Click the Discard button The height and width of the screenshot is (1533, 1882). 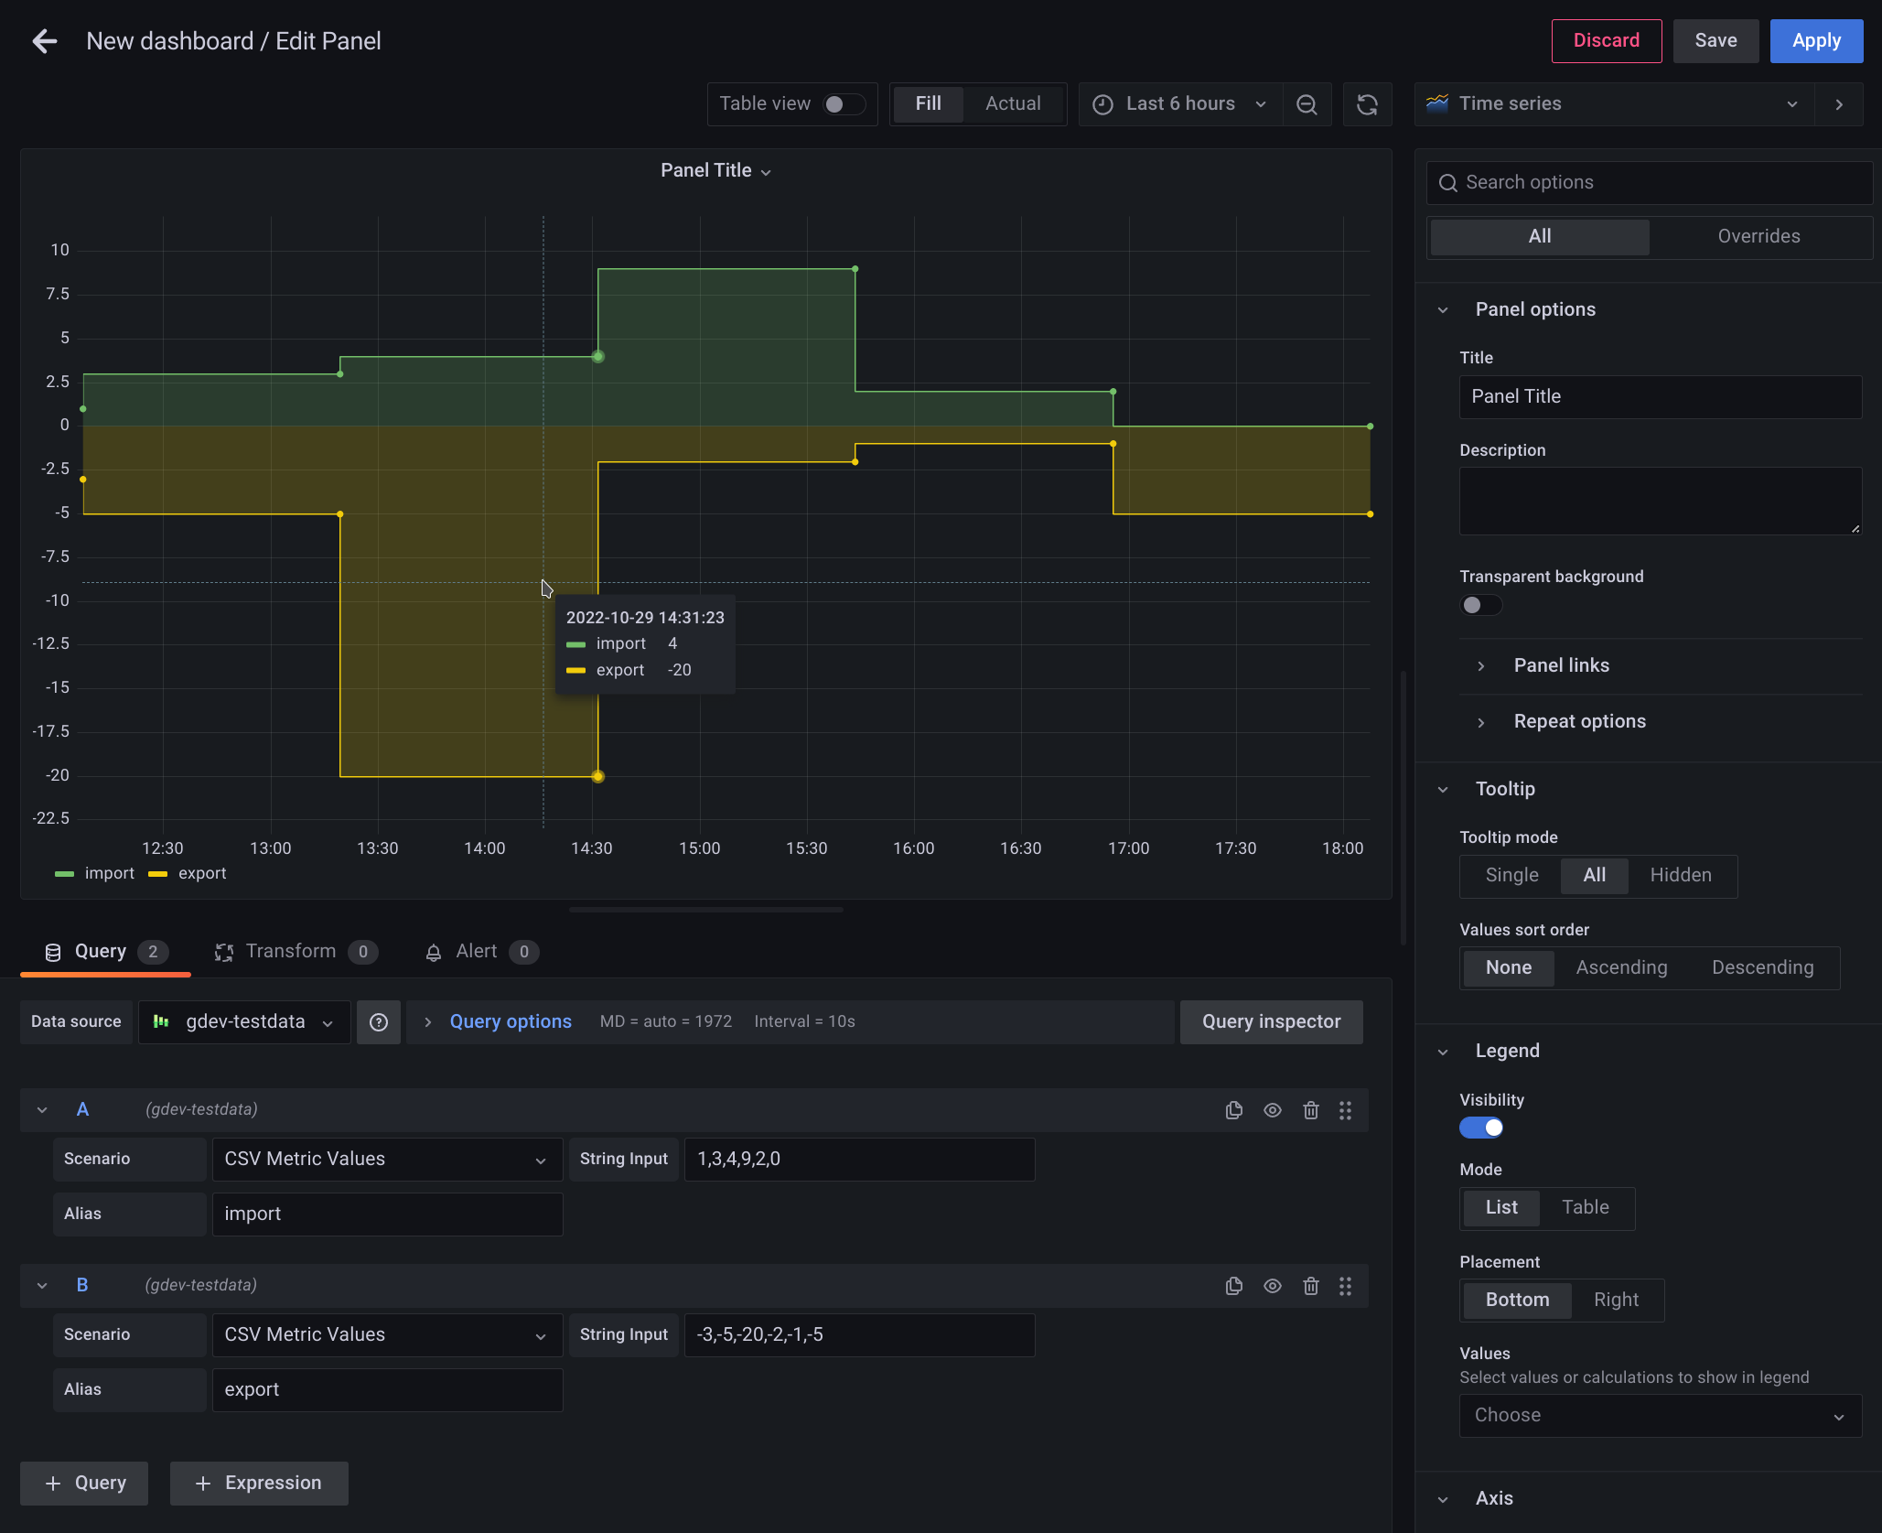click(1606, 41)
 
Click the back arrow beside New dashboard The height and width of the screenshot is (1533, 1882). click(44, 41)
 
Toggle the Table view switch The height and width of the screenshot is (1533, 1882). click(843, 104)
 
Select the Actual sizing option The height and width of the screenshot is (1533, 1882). click(1013, 104)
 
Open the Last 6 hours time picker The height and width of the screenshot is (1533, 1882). click(1180, 104)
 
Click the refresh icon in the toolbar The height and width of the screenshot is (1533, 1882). click(1367, 105)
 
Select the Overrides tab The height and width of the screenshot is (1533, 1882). click(1758, 236)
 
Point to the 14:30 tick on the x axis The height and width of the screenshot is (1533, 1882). click(592, 848)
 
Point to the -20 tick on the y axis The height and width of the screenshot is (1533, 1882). click(58, 775)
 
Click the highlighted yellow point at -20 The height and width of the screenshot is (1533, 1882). click(597, 777)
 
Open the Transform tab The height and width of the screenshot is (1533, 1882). click(291, 952)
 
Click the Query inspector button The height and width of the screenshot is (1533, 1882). click(1271, 1022)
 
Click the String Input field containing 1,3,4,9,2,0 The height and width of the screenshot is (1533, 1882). click(859, 1160)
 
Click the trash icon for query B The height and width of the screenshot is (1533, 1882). click(1310, 1286)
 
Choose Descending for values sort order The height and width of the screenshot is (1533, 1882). click(1762, 968)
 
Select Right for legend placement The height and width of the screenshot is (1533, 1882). click(1616, 1301)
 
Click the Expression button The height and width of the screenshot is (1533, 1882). click(259, 1484)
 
